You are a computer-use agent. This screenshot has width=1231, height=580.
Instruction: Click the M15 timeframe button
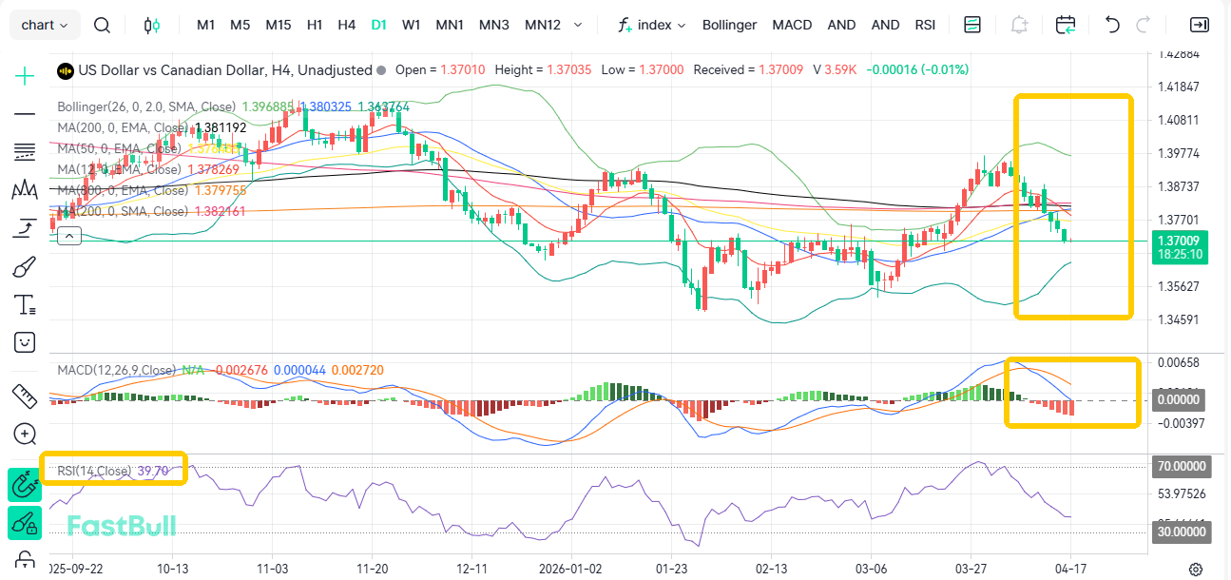pyautogui.click(x=279, y=25)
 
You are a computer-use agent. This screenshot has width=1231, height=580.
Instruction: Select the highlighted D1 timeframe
pyautogui.click(x=379, y=25)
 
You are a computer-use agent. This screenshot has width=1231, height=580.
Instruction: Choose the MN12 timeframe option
pyautogui.click(x=542, y=25)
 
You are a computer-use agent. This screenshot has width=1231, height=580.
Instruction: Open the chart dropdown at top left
pyautogui.click(x=45, y=25)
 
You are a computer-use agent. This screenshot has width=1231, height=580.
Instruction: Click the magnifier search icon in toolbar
pyautogui.click(x=103, y=25)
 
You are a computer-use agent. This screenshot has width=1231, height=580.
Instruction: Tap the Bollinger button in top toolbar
pyautogui.click(x=729, y=25)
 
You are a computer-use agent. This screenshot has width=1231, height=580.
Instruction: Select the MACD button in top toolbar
pyautogui.click(x=792, y=25)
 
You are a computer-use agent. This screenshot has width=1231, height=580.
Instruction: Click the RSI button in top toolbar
pyautogui.click(x=925, y=25)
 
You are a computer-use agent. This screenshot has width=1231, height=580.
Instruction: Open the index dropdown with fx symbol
pyautogui.click(x=652, y=25)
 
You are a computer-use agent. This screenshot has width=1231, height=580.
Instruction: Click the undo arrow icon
pyautogui.click(x=1112, y=25)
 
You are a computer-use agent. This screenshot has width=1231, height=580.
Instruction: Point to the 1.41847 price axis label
pyautogui.click(x=1177, y=87)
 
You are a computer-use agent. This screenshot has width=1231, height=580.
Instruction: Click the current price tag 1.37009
pyautogui.click(x=1179, y=241)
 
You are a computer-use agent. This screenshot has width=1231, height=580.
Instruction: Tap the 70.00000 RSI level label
pyautogui.click(x=1180, y=467)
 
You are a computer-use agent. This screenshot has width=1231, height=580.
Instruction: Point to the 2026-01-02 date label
pyautogui.click(x=571, y=569)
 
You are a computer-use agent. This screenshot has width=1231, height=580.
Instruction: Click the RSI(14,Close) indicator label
pyautogui.click(x=93, y=471)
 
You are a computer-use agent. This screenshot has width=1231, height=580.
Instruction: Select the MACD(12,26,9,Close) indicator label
pyautogui.click(x=116, y=370)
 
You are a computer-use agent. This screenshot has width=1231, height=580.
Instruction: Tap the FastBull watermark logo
pyautogui.click(x=121, y=525)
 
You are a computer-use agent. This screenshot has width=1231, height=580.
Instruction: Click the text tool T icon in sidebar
pyautogui.click(x=25, y=305)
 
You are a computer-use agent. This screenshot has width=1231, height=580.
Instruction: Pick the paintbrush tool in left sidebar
pyautogui.click(x=25, y=267)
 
